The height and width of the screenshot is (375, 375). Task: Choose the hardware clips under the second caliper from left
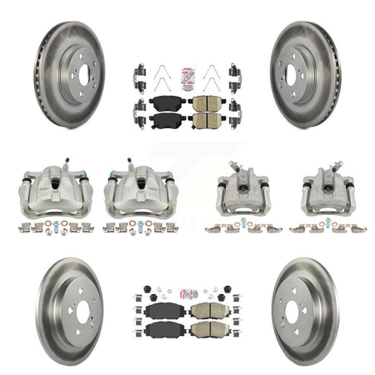tap(137, 227)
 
